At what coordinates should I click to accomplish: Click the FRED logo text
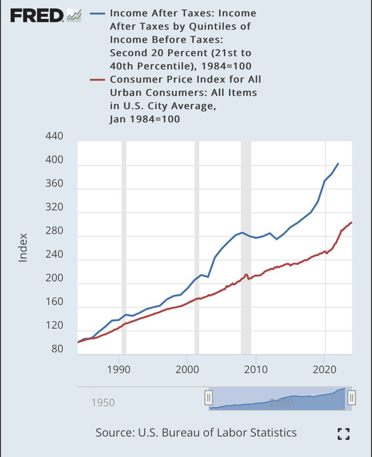coord(36,15)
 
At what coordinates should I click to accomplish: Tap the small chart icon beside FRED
coord(74,15)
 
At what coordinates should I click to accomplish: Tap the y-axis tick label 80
coord(57,349)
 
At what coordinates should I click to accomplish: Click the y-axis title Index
coord(23,247)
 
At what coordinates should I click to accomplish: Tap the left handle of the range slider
coord(208,398)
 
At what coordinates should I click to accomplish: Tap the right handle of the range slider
coord(351,398)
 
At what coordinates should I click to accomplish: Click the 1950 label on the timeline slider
coord(103,403)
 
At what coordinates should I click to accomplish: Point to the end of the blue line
coord(338,163)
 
